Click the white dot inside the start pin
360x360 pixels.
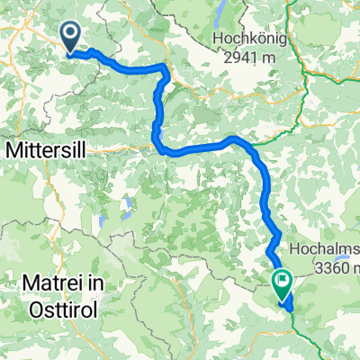coord(71,34)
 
